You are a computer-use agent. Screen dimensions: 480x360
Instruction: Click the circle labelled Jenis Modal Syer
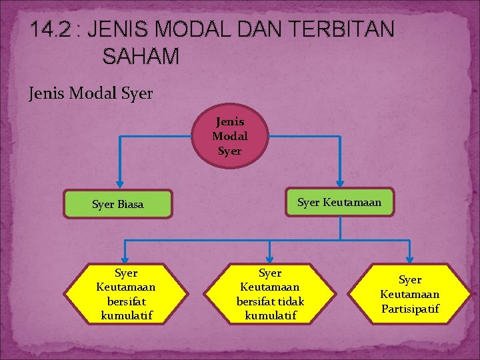tap(229, 137)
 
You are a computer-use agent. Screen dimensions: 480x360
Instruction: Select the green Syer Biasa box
tap(117, 204)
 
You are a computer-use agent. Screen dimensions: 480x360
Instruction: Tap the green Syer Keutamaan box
tap(340, 202)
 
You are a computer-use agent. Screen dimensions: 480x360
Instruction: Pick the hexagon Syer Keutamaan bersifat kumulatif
tap(126, 294)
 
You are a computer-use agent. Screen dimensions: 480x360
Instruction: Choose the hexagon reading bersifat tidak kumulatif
tap(270, 294)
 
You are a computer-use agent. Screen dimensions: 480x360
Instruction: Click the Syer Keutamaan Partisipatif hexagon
tap(410, 294)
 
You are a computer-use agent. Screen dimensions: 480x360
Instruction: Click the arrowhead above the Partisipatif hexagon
tap(410, 259)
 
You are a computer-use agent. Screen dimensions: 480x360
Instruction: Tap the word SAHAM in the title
tap(141, 57)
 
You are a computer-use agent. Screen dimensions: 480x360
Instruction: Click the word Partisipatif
tap(410, 309)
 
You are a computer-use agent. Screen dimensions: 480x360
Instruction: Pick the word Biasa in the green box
tap(130, 204)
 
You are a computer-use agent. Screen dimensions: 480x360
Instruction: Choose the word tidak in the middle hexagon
tap(290, 301)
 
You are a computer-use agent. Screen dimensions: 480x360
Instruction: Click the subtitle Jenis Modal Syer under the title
tap(91, 93)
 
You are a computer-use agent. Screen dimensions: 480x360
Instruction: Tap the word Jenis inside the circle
tap(229, 122)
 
